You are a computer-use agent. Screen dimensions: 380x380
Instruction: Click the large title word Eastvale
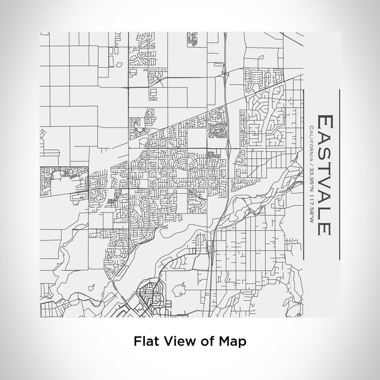click(x=323, y=174)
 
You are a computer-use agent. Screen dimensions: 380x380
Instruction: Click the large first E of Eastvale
click(x=323, y=121)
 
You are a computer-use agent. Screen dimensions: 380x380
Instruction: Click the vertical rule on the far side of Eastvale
click(x=340, y=174)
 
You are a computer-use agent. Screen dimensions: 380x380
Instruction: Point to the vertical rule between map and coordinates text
click(x=303, y=174)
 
